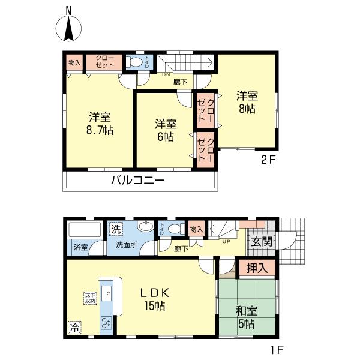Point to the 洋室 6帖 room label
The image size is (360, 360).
pyautogui.click(x=166, y=130)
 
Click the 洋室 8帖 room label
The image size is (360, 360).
pyautogui.click(x=246, y=101)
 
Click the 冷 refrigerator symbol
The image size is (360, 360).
pyautogui.click(x=73, y=328)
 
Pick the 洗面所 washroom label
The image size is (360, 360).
pyautogui.click(x=127, y=245)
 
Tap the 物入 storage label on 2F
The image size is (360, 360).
pyautogui.click(x=74, y=62)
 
